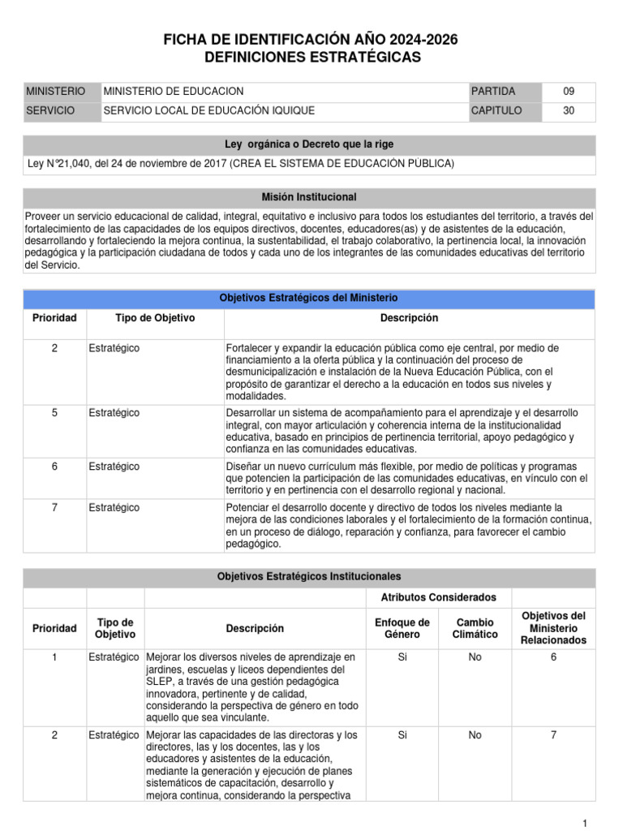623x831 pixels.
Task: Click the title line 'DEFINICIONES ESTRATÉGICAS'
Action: pyautogui.click(x=311, y=57)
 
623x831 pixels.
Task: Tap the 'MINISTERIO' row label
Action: pyautogui.click(x=55, y=92)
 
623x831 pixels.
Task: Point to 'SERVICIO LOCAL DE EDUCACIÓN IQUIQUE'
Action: pyautogui.click(x=209, y=111)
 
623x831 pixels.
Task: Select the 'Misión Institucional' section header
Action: pyautogui.click(x=309, y=197)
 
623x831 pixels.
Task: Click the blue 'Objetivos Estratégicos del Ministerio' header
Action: pyautogui.click(x=308, y=298)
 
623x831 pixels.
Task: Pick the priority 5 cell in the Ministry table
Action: pyautogui.click(x=54, y=413)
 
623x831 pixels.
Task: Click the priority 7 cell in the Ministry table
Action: pyautogui.click(x=54, y=507)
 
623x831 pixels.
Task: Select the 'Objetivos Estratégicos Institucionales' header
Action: pyautogui.click(x=308, y=576)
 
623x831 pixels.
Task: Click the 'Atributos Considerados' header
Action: pyautogui.click(x=438, y=597)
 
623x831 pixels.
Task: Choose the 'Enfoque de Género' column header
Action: pyautogui.click(x=402, y=628)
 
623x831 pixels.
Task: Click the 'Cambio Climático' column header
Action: pyautogui.click(x=475, y=628)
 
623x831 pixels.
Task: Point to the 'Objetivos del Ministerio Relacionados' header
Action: pyautogui.click(x=553, y=628)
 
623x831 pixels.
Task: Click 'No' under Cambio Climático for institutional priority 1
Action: pyautogui.click(x=475, y=657)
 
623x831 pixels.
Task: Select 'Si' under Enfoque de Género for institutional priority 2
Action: pyautogui.click(x=402, y=735)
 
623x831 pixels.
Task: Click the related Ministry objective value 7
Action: pyautogui.click(x=553, y=735)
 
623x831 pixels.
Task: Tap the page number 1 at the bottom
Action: pyautogui.click(x=584, y=824)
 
